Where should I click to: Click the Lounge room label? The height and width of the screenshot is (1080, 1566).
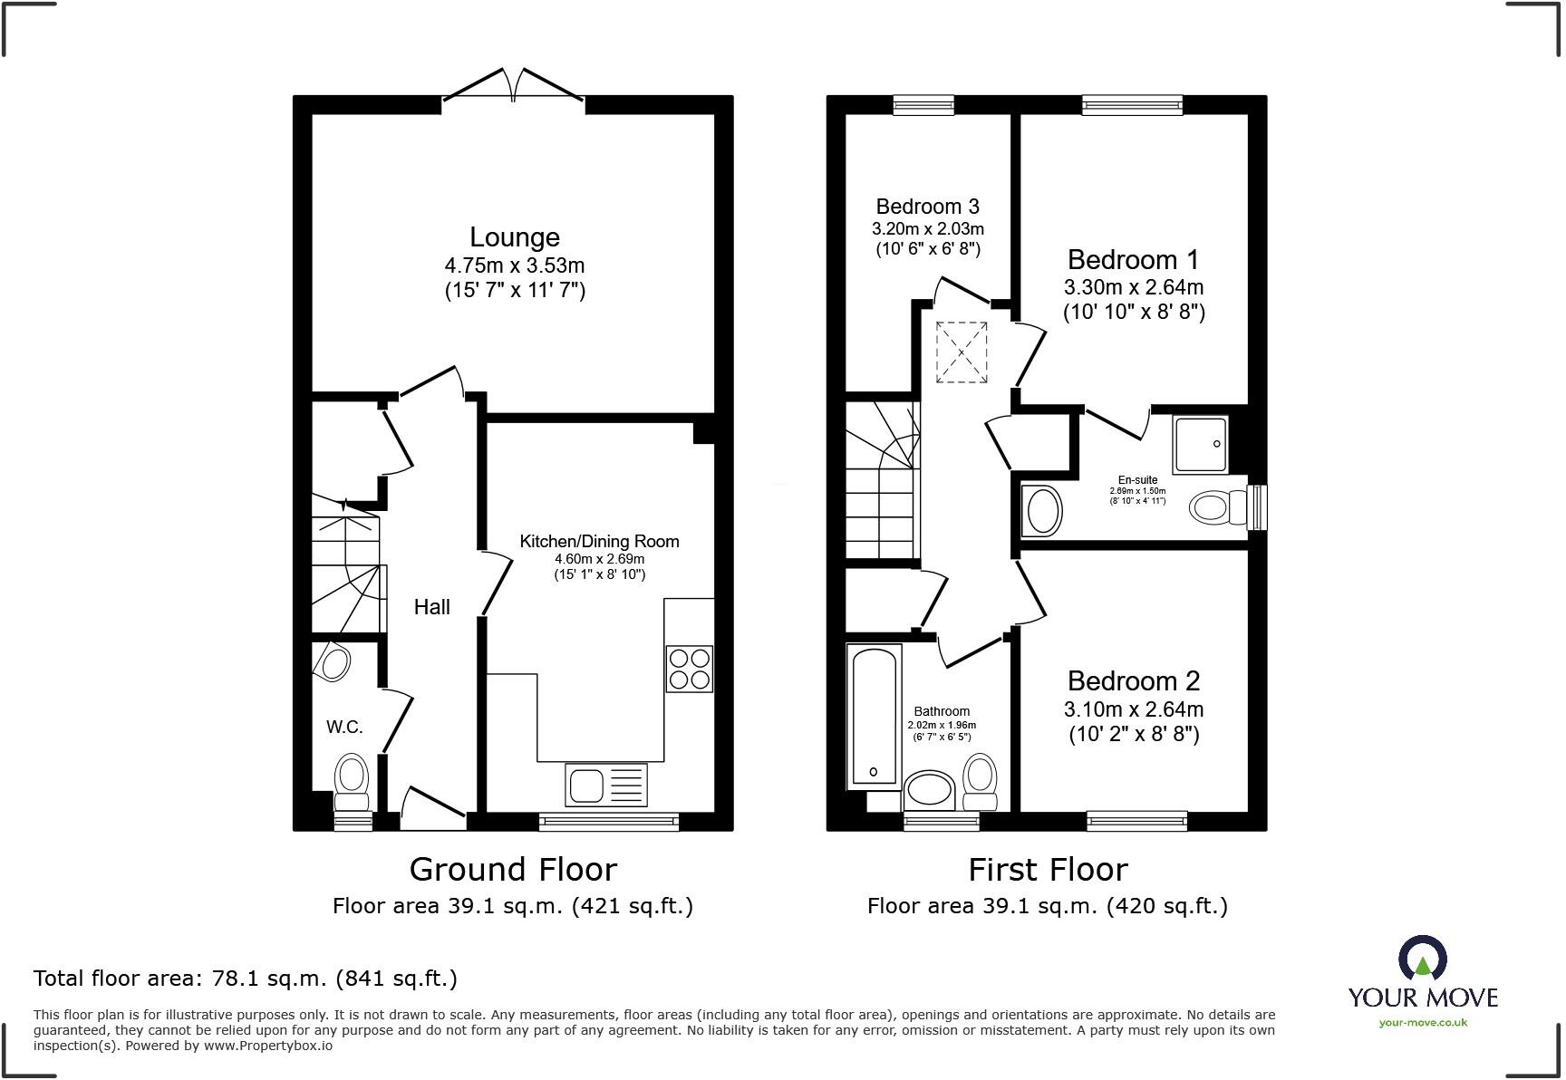click(514, 237)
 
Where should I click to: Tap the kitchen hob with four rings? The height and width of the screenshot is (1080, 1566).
click(689, 669)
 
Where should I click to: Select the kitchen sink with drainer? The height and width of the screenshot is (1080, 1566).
click(605, 784)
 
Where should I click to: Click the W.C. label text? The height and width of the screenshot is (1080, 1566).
click(344, 727)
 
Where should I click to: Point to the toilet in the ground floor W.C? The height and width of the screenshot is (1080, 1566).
click(352, 782)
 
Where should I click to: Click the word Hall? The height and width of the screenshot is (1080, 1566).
click(431, 607)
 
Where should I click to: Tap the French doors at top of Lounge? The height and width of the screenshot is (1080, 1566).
click(513, 87)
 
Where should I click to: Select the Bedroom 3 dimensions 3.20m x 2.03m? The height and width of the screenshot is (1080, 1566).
click(927, 228)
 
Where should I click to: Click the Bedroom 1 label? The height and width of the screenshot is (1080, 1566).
click(1133, 260)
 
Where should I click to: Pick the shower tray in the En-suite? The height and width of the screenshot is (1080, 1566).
click(1201, 445)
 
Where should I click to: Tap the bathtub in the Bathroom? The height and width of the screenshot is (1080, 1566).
click(874, 716)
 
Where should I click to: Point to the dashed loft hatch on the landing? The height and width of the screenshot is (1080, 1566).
click(961, 352)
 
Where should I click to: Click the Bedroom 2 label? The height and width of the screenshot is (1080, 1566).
click(1133, 681)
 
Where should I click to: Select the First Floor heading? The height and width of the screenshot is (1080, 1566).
click(1048, 870)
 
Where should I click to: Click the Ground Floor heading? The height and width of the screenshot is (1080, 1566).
click(513, 870)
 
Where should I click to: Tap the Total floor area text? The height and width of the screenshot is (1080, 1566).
click(245, 979)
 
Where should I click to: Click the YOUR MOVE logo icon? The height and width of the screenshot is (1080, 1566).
click(1422, 958)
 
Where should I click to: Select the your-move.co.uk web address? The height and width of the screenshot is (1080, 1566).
click(1423, 1023)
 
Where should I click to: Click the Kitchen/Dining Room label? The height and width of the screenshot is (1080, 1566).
click(599, 542)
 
